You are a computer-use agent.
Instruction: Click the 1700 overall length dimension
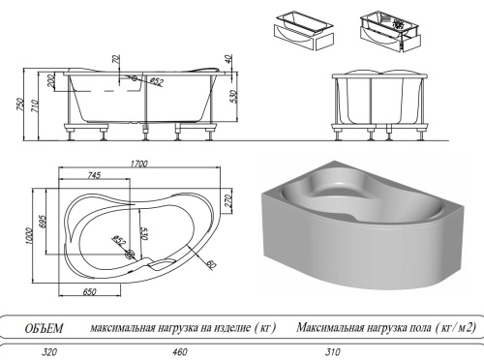140,165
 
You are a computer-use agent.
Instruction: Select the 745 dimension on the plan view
94,175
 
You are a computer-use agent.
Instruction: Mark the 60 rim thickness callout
210,263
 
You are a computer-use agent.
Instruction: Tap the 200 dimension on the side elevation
50,79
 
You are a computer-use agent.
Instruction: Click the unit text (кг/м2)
448,328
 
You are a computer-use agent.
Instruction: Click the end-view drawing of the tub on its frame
378,101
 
